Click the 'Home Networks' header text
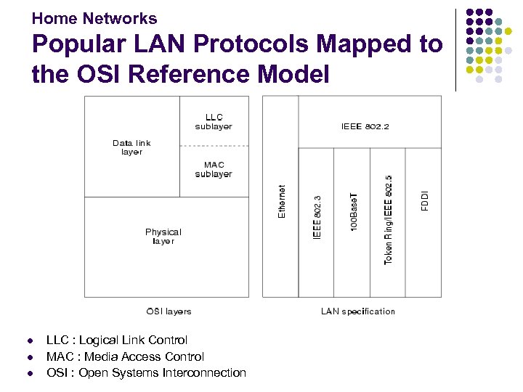pyautogui.click(x=94, y=18)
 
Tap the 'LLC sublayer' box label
pyautogui.click(x=214, y=122)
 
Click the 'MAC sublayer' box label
pyautogui.click(x=214, y=169)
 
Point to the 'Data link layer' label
pyautogui.click(x=131, y=147)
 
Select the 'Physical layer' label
pyautogui.click(x=163, y=237)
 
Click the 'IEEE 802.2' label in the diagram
pyautogui.click(x=365, y=126)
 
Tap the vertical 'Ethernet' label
pyautogui.click(x=282, y=200)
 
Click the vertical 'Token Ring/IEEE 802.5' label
pyautogui.click(x=389, y=219)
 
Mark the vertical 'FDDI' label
pyautogui.click(x=425, y=201)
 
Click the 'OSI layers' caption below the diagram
pyautogui.click(x=169, y=311)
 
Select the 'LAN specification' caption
pyautogui.click(x=358, y=311)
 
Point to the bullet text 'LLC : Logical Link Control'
pyautogui.click(x=116, y=340)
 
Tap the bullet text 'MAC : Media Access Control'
pyautogui.click(x=125, y=356)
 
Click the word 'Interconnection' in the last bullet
pyautogui.click(x=206, y=372)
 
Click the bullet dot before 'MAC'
pyautogui.click(x=30, y=357)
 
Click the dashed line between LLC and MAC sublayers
pyautogui.click(x=214, y=146)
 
